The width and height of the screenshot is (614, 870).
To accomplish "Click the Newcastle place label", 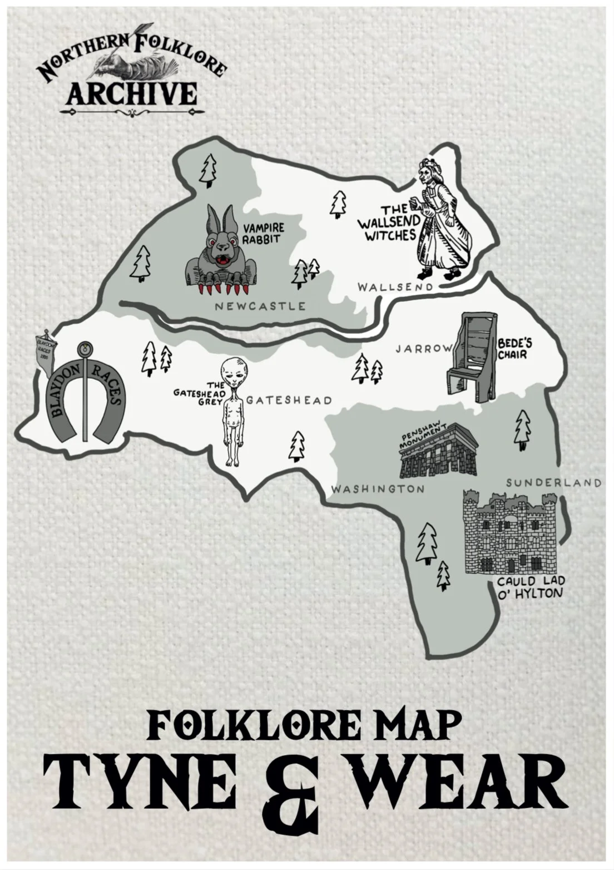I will click(x=260, y=306).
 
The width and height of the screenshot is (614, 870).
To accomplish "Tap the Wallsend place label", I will click(x=394, y=287).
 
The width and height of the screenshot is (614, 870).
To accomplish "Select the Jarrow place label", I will click(x=424, y=349).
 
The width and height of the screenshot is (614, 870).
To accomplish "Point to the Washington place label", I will click(x=378, y=489).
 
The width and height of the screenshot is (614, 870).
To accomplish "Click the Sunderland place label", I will click(x=553, y=482).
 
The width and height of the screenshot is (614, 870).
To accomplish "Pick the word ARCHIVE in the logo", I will click(x=132, y=93).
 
